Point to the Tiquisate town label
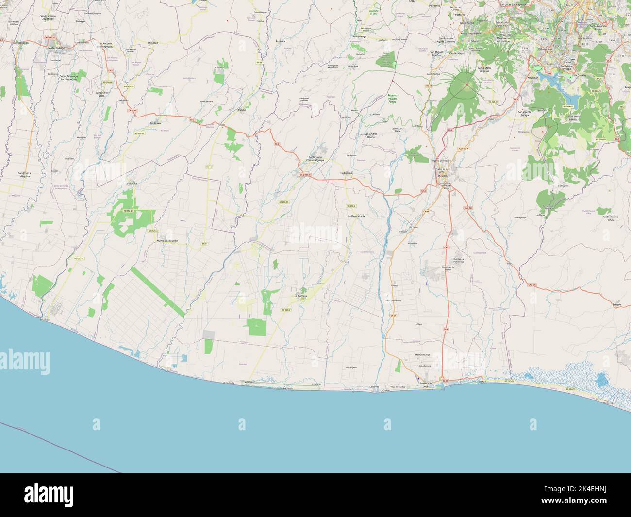click(x=132, y=184)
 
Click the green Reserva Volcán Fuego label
click(x=392, y=99)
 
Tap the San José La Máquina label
click(x=24, y=175)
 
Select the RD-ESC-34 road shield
click(x=153, y=231)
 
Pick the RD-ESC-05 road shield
click(x=283, y=202)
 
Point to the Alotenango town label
click(x=433, y=74)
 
